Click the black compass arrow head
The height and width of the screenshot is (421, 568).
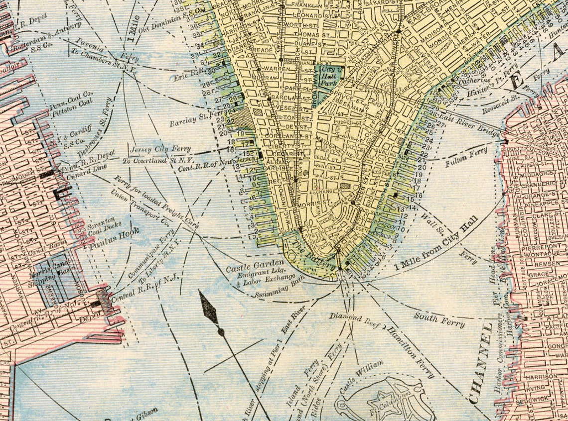coord(210,309)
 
